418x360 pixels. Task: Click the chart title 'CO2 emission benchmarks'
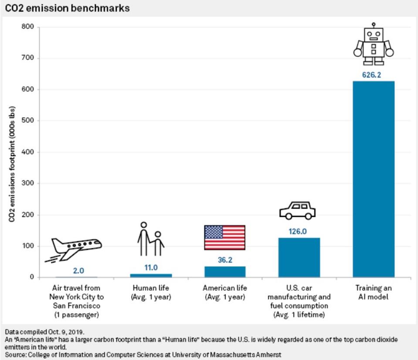tap(67, 8)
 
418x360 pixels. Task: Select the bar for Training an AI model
tap(373, 179)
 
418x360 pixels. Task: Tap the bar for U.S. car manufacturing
tap(299, 257)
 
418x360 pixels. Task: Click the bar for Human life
tap(151, 275)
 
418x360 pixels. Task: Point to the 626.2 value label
tap(372, 75)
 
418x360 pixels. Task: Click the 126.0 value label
tap(298, 231)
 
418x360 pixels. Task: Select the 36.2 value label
tap(224, 260)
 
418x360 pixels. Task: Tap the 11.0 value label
tap(151, 267)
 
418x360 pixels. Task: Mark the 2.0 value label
tap(78, 271)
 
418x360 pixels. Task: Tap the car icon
tap(297, 210)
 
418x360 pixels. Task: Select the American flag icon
tap(224, 237)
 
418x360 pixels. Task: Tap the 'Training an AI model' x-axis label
tap(373, 292)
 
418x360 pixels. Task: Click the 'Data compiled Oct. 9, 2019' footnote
tap(45, 332)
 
